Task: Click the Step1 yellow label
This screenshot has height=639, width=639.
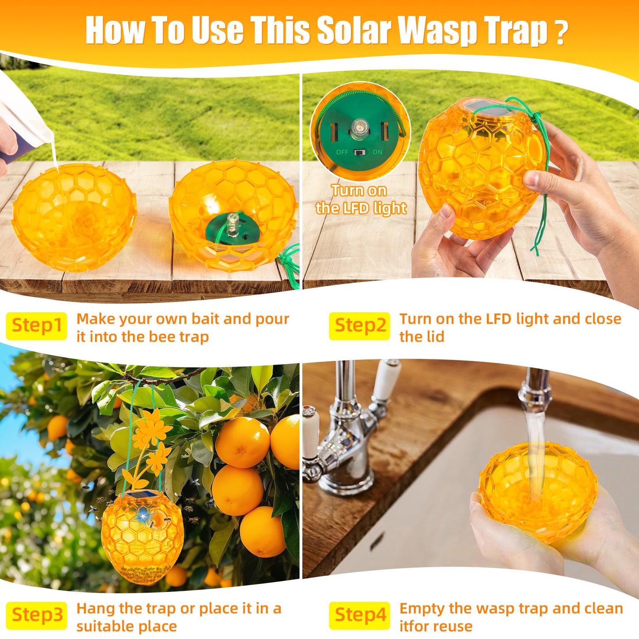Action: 36,326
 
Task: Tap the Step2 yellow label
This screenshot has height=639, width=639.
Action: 360,326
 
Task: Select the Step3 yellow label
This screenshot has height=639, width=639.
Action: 36,615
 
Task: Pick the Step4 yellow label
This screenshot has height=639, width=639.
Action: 360,615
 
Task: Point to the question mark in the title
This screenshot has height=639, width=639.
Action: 560,32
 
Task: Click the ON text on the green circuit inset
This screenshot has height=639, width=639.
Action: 377,152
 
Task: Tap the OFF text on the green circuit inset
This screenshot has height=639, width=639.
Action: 342,152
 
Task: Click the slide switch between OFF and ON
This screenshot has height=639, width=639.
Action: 360,152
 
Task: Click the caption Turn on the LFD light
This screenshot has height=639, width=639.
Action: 360,199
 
